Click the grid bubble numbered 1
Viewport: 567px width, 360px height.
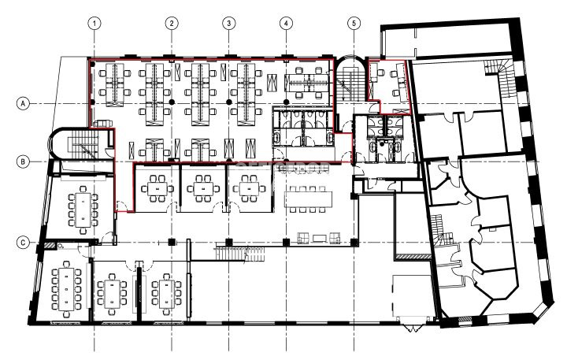(x=94, y=24)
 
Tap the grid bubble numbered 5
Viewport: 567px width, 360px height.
(x=354, y=24)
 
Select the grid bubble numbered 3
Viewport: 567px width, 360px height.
(x=228, y=24)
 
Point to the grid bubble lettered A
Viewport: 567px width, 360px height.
(x=23, y=104)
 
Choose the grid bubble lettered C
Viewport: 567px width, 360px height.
(x=23, y=242)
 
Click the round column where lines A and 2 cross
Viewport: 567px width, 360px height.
(x=172, y=102)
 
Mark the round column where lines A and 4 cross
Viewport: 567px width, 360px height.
(x=287, y=102)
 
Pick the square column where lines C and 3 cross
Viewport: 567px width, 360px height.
(x=228, y=242)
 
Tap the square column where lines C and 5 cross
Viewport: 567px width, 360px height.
(x=354, y=242)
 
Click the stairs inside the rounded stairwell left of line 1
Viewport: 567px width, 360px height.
(x=85, y=143)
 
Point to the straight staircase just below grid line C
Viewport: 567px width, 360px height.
(x=240, y=252)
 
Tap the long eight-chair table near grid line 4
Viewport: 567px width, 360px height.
(x=309, y=199)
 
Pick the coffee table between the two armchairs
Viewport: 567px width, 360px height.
(x=319, y=238)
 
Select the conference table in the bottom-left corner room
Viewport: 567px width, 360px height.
(x=66, y=288)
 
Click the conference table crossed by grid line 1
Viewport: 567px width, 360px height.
(x=83, y=210)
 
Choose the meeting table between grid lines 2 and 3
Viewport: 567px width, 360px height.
(x=202, y=188)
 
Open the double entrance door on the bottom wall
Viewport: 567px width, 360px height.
(x=412, y=328)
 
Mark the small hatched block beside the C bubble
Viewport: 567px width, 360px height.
(x=50, y=246)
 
